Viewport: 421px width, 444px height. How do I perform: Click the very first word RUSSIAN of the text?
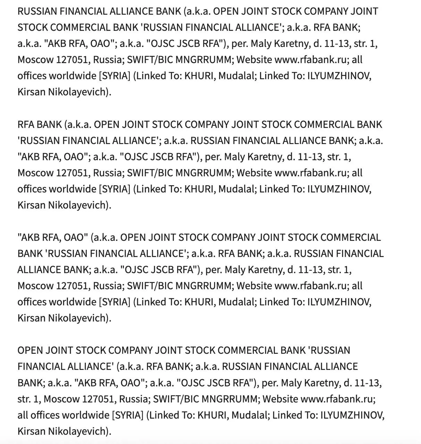tap(37, 11)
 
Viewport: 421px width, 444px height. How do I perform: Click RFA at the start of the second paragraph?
tap(26, 125)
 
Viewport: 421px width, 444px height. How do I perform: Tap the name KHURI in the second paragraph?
tap(200, 189)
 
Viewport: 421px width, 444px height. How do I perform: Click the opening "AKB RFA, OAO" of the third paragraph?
tap(52, 238)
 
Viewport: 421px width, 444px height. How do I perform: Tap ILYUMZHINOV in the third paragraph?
tap(339, 302)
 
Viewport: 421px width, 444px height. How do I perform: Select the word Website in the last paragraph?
tap(280, 399)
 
